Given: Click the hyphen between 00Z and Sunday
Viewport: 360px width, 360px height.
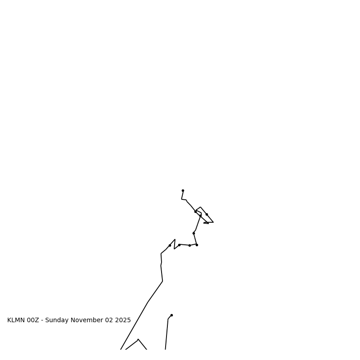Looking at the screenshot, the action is (x=42, y=320).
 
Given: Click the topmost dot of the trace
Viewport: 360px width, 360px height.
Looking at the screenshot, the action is (x=183, y=190).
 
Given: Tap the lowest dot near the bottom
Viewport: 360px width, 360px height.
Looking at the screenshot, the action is (x=171, y=315).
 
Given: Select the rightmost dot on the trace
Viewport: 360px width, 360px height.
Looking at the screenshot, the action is (x=207, y=214).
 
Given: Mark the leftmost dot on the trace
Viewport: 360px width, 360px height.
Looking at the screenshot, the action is (x=170, y=245).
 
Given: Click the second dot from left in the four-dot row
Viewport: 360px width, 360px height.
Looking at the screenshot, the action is (x=179, y=245).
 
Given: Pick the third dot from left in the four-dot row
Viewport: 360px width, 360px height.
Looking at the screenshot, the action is (x=189, y=245).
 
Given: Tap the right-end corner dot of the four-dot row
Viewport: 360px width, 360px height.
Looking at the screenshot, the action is (x=197, y=245).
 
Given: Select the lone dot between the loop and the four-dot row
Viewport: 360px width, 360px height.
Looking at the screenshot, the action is (x=193, y=233).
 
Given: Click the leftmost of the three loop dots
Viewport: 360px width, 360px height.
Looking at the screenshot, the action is (x=195, y=211).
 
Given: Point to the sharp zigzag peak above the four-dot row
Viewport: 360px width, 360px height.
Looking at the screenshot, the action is (x=175, y=239).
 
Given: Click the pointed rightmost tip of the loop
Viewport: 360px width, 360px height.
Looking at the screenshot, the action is (x=213, y=222).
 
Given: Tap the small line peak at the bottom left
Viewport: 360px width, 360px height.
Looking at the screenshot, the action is (x=138, y=339).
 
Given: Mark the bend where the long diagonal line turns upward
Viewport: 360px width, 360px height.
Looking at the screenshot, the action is (x=162, y=281).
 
